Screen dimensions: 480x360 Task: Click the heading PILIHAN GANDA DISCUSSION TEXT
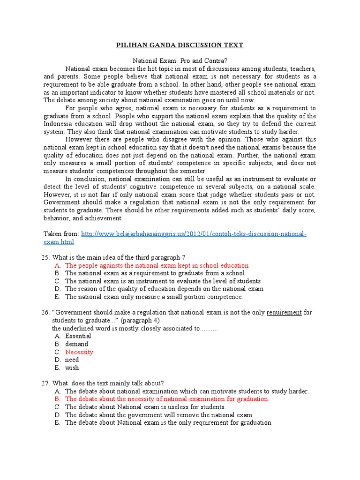tap(180, 45)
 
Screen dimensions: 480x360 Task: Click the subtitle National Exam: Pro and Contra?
tap(180, 61)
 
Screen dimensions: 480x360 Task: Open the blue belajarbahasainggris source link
tap(194, 234)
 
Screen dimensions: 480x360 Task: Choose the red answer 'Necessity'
tap(79, 352)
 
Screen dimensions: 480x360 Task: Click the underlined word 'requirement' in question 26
tap(284, 312)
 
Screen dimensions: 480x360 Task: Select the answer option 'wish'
tap(72, 368)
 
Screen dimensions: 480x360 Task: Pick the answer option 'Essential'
tap(78, 336)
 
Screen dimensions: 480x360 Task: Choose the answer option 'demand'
tap(76, 344)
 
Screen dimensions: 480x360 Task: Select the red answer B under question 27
tap(166, 399)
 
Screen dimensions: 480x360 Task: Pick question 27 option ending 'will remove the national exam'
tap(158, 415)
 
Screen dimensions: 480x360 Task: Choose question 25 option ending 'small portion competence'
tap(154, 297)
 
